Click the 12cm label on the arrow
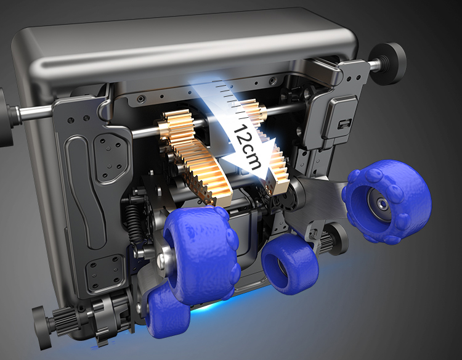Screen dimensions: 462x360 pyautogui.click(x=247, y=147)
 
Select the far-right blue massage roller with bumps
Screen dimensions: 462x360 pyautogui.click(x=387, y=202)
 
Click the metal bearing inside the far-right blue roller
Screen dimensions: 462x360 pyautogui.click(x=381, y=203)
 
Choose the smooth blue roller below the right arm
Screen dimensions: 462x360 pyautogui.click(x=290, y=264)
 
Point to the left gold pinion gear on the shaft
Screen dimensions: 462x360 pyautogui.click(x=176, y=125)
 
